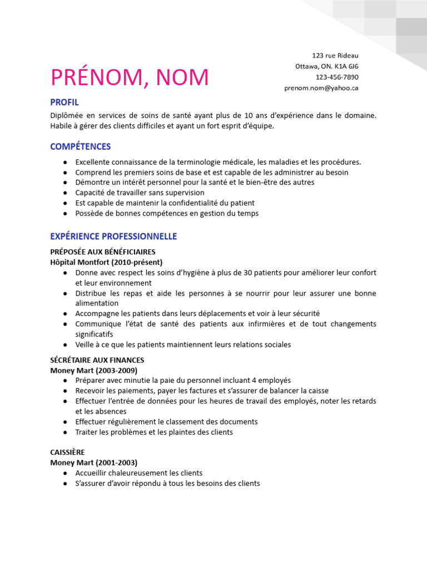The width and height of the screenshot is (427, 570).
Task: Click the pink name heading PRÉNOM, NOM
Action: click(130, 78)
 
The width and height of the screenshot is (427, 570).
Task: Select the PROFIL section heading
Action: click(64, 102)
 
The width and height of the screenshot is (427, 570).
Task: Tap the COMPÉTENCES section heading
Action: click(81, 146)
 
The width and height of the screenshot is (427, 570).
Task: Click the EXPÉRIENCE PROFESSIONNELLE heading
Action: click(113, 236)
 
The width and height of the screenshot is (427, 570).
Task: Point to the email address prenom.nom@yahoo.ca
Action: click(321, 88)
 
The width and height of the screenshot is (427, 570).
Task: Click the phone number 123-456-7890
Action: click(337, 77)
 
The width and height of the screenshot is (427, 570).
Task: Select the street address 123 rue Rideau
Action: click(335, 55)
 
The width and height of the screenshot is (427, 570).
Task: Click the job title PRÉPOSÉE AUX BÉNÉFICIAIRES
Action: click(103, 252)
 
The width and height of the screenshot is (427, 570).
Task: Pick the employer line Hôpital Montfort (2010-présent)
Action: click(106, 262)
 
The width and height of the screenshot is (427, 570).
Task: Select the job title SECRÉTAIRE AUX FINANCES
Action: click(97, 360)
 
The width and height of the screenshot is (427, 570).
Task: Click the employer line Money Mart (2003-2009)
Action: click(93, 370)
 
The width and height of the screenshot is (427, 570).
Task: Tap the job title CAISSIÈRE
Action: click(67, 452)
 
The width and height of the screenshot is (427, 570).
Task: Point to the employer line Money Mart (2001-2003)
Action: click(93, 463)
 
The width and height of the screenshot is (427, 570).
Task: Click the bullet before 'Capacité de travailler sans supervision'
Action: click(66, 193)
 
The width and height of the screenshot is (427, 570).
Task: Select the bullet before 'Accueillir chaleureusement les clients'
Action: click(66, 473)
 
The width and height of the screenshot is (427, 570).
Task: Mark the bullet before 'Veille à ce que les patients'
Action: click(66, 345)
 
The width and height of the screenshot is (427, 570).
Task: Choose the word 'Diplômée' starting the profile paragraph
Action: click(66, 116)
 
